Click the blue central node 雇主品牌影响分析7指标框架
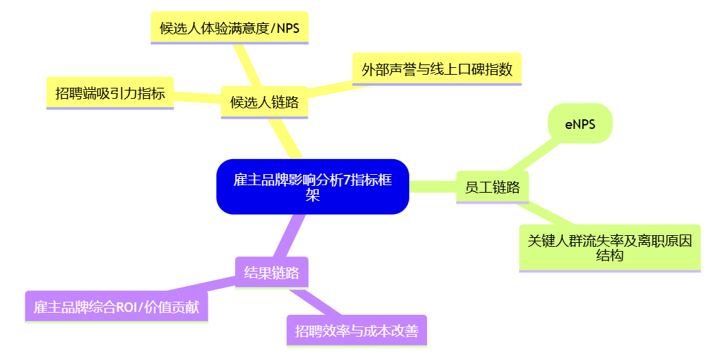tap(313, 187)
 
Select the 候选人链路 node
tap(264, 102)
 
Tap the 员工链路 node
tap(492, 187)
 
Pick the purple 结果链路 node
tap(271, 273)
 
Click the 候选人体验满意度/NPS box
tap(229, 28)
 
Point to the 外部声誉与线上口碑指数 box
tap(437, 69)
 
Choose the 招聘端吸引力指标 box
tap(110, 93)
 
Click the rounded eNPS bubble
tap(579, 124)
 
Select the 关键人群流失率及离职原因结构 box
tap(609, 248)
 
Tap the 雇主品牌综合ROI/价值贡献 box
tap(117, 307)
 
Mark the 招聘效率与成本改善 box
tap(356, 331)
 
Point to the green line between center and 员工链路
tap(433, 187)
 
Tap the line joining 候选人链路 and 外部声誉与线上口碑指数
tap(329, 88)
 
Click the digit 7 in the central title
tap(346, 180)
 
